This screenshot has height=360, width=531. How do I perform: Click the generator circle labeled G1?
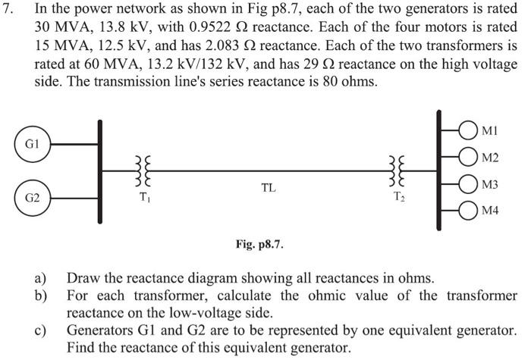point(31,142)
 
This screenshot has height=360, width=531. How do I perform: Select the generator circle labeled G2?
point(31,199)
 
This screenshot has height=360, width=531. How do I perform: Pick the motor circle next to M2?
point(467,156)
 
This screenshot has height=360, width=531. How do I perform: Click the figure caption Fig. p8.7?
point(260,245)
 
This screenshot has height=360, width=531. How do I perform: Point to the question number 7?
point(10,10)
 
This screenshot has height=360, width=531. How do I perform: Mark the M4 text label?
point(490,212)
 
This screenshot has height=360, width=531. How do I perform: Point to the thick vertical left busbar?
point(99,171)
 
